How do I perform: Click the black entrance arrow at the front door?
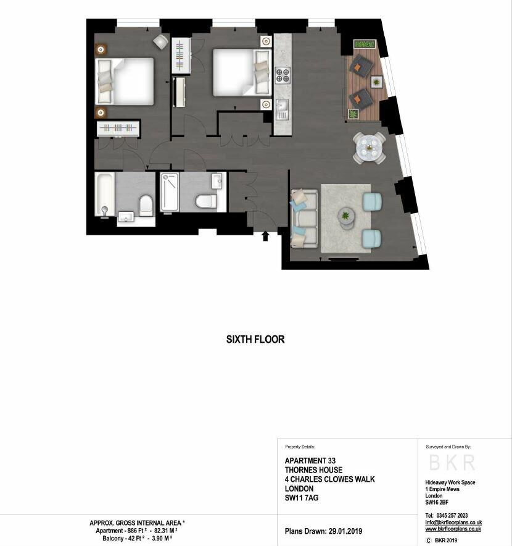point(265,236)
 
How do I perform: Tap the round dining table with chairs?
point(369,148)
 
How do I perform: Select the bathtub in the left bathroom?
point(105,194)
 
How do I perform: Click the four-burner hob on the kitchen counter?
point(283,75)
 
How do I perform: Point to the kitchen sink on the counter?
point(281,109)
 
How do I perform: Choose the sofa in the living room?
point(304,218)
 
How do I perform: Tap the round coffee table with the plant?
point(347,218)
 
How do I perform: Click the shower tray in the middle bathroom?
point(170,192)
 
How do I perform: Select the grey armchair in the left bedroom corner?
point(160,42)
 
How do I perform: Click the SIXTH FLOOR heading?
point(255,339)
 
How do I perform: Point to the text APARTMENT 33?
point(310,461)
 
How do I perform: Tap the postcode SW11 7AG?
point(302,498)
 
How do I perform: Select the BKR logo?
point(452,463)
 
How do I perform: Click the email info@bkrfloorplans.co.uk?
point(453,523)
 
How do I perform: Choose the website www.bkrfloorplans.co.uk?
point(453,529)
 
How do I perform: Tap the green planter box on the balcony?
point(365,44)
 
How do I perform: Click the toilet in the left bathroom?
point(146,205)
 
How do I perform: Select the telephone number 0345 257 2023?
point(452,515)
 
